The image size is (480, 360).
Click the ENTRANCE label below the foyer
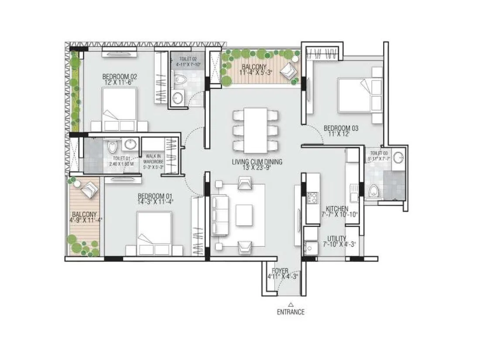tap(291, 312)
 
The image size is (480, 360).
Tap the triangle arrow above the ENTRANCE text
tap(291, 304)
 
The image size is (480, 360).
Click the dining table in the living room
tap(255, 130)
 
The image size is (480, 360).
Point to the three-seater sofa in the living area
tap(220, 215)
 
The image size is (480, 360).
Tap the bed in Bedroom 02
tap(119, 107)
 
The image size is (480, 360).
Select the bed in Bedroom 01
tap(154, 232)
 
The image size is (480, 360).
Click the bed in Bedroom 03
tap(359, 96)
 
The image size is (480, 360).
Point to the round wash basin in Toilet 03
tap(398, 158)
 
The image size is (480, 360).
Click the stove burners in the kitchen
tap(312, 198)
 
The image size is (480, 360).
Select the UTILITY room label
tap(337, 238)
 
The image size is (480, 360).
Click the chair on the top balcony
tap(288, 69)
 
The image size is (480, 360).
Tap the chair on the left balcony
tap(90, 189)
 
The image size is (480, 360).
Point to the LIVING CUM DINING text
tap(257, 162)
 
